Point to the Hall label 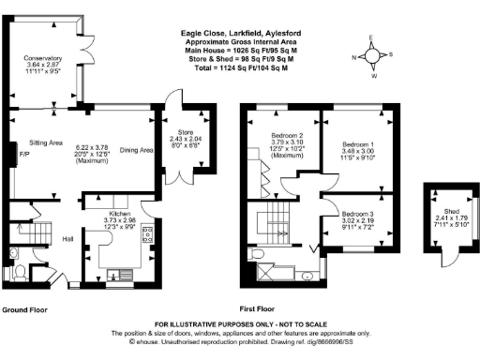coord(68,239)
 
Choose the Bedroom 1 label coord(360,145)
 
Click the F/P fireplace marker coord(10,155)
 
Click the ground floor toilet coord(19,271)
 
